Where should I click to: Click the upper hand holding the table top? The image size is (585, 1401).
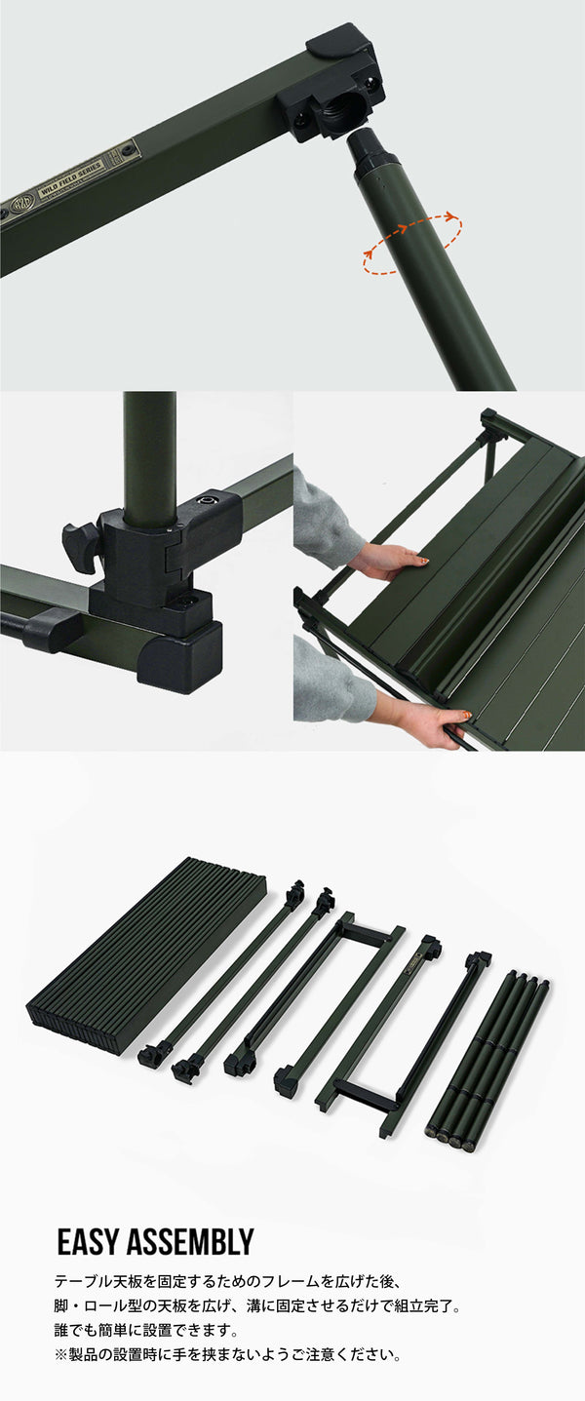[x=390, y=560]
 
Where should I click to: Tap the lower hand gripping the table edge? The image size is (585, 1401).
[x=429, y=722]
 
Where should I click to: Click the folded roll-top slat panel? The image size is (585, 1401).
[x=146, y=955]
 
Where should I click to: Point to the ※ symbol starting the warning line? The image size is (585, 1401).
[x=60, y=1354]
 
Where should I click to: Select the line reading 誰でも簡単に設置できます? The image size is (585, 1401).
[x=146, y=1330]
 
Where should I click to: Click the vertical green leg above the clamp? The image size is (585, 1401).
[x=149, y=448]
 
